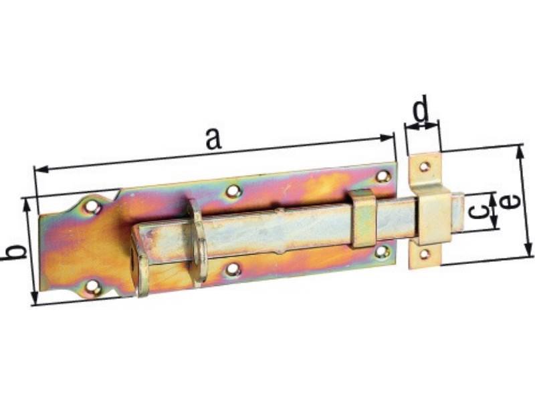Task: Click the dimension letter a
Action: pyautogui.click(x=212, y=138)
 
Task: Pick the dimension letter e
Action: pyautogui.click(x=510, y=202)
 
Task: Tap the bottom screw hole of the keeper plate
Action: pyautogui.click(x=424, y=254)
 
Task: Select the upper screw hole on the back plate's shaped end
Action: pyautogui.click(x=92, y=208)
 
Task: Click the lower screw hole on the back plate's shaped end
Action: pyautogui.click(x=93, y=288)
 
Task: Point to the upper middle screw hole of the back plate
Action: pyautogui.click(x=233, y=191)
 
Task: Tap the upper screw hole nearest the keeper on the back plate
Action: pyautogui.click(x=383, y=176)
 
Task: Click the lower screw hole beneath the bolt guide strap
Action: pyautogui.click(x=382, y=252)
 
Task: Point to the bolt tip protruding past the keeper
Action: pyautogui.click(x=459, y=211)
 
